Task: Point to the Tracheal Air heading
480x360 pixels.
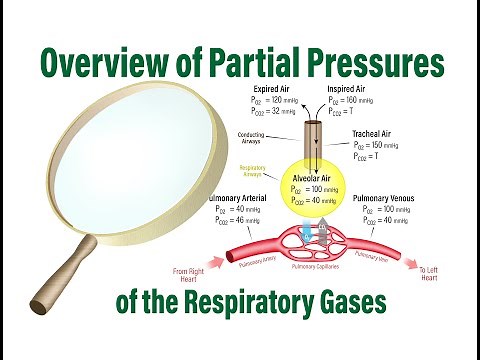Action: (x=377, y=132)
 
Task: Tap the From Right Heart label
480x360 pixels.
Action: (x=192, y=273)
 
